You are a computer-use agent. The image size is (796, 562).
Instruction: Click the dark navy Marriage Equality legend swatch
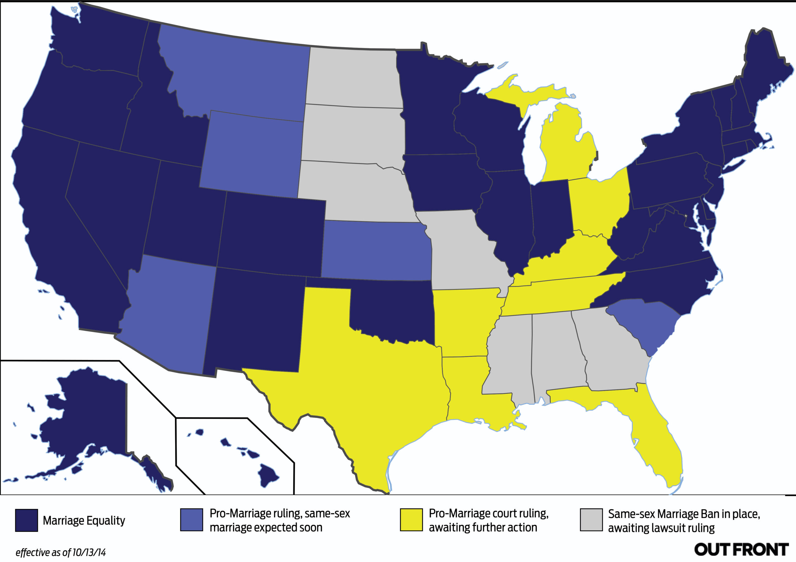26,520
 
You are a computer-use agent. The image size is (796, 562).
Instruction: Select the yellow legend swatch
411,519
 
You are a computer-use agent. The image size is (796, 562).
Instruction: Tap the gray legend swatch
591,519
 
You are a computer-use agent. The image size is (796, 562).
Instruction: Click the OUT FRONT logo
741,550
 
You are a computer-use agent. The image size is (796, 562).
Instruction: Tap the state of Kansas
376,251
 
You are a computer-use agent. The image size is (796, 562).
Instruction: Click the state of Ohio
598,204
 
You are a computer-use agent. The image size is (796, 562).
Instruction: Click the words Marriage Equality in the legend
84,520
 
